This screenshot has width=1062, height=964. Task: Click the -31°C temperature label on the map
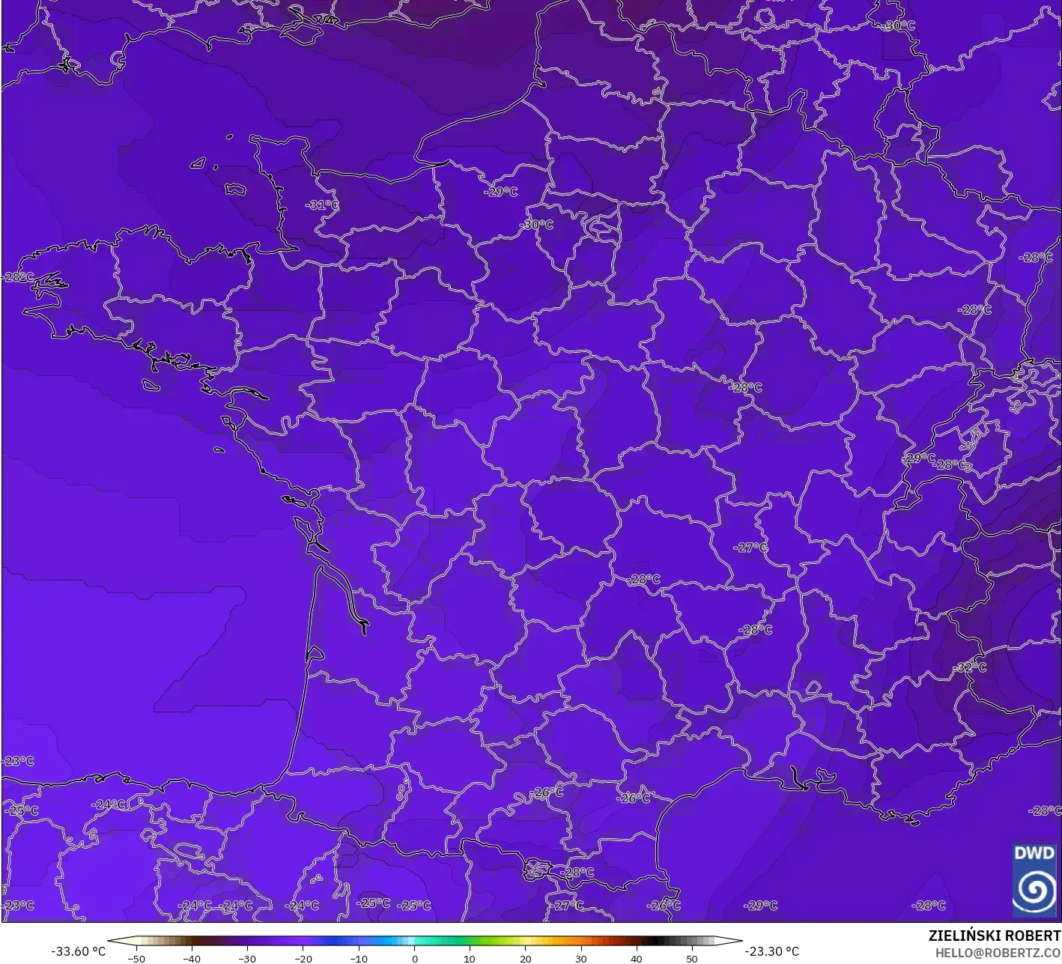322,204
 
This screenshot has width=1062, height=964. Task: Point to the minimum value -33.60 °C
78,951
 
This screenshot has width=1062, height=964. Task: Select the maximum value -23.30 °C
773,951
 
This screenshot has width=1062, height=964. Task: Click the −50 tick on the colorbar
136,958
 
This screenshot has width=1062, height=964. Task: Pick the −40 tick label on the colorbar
192,958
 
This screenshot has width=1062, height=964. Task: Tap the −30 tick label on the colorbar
247,958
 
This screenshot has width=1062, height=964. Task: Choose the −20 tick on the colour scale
303,958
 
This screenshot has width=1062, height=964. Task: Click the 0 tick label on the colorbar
414,958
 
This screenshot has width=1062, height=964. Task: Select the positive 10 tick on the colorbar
470,958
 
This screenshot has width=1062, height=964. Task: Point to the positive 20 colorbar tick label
525,958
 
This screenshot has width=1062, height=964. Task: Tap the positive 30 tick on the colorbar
580,958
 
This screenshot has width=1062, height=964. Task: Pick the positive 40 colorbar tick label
636,958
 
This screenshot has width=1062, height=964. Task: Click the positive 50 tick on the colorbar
691,958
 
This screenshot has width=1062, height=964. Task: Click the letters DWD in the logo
1034,852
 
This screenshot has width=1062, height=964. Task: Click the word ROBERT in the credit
1034,936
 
